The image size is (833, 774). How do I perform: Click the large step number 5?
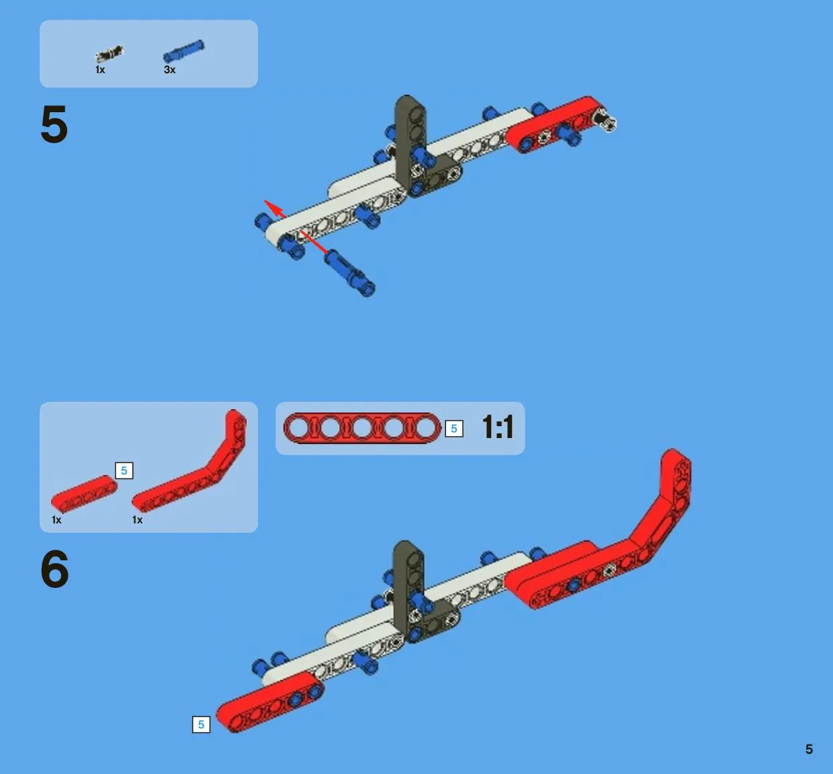(x=54, y=124)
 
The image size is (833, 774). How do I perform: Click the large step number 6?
(x=54, y=569)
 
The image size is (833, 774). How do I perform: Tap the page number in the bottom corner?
(x=809, y=749)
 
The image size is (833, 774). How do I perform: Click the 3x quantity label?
(x=169, y=70)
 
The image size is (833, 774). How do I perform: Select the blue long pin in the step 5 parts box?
(x=183, y=51)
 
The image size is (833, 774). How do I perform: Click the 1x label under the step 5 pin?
(x=100, y=70)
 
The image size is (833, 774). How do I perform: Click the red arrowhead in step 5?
(x=273, y=208)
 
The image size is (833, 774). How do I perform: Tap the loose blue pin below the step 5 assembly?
(x=350, y=273)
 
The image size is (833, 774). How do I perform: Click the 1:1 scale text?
(x=498, y=427)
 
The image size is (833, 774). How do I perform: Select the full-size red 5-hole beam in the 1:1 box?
(x=362, y=429)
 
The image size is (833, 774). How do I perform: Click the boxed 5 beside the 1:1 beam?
(x=454, y=429)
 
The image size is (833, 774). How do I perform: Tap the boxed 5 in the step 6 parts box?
(x=124, y=470)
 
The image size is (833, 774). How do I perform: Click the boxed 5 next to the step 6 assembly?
(x=202, y=724)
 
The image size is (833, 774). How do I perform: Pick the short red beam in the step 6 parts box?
(x=84, y=494)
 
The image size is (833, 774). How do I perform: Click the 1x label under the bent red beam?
(x=137, y=520)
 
